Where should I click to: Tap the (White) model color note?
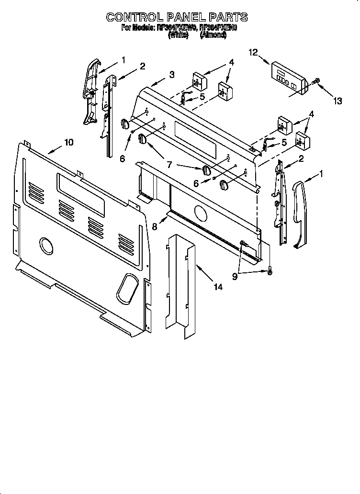coord(178,35)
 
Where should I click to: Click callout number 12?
coord(253,53)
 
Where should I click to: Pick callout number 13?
coord(337,101)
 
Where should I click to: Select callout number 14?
coord(218,287)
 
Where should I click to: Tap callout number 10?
coord(69,142)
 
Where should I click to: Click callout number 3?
coord(171,74)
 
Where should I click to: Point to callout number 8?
coord(154,226)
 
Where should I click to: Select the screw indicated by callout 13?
coord(315,82)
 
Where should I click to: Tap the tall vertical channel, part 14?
coord(182,287)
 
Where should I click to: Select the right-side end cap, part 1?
coord(299,213)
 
